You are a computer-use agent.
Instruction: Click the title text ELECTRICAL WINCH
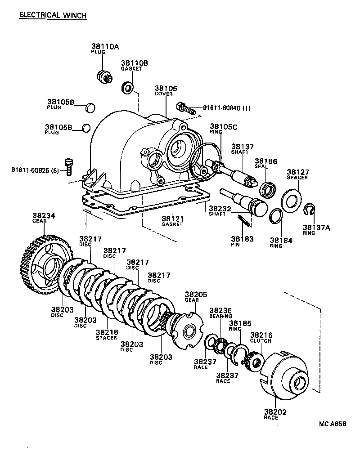[x=53, y=15]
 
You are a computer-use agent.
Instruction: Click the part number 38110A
[x=105, y=46]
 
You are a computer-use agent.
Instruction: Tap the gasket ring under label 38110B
[x=128, y=87]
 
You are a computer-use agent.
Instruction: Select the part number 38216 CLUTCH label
[x=261, y=335]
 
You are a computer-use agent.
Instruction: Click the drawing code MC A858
[x=333, y=424]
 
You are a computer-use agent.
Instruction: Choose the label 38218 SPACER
[x=107, y=333]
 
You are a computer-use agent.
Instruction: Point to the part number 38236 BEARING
[x=220, y=310]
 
